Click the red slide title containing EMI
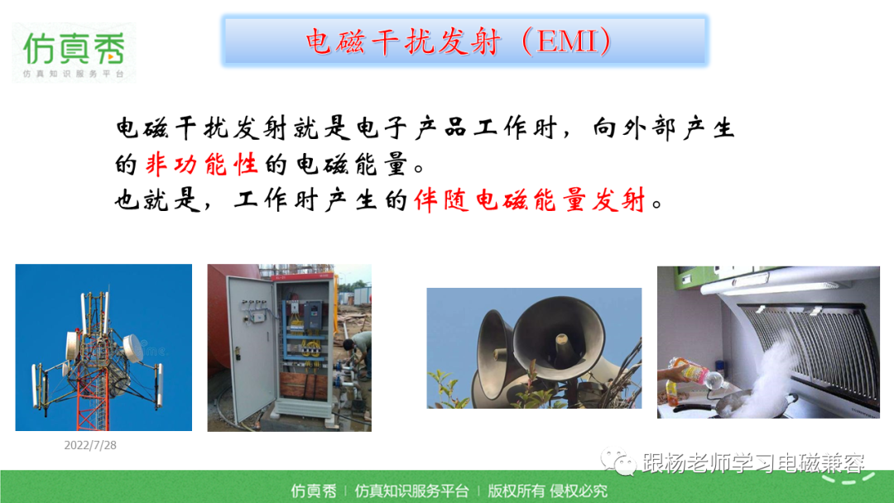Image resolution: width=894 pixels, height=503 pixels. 459,41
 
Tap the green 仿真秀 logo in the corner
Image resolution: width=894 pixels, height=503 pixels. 74,53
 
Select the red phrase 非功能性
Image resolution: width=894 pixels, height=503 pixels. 202,165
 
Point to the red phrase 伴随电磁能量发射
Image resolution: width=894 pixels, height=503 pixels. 530,200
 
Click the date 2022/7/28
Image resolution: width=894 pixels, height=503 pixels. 90,445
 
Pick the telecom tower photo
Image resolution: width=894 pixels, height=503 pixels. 103,347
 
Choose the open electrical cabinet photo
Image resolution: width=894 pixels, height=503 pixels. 289,347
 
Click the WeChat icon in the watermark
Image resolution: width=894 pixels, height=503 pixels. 618,462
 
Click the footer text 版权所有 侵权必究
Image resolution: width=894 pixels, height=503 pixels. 547,491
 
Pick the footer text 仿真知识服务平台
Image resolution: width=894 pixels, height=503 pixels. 411,491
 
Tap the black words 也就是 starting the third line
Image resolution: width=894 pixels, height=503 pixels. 156,200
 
